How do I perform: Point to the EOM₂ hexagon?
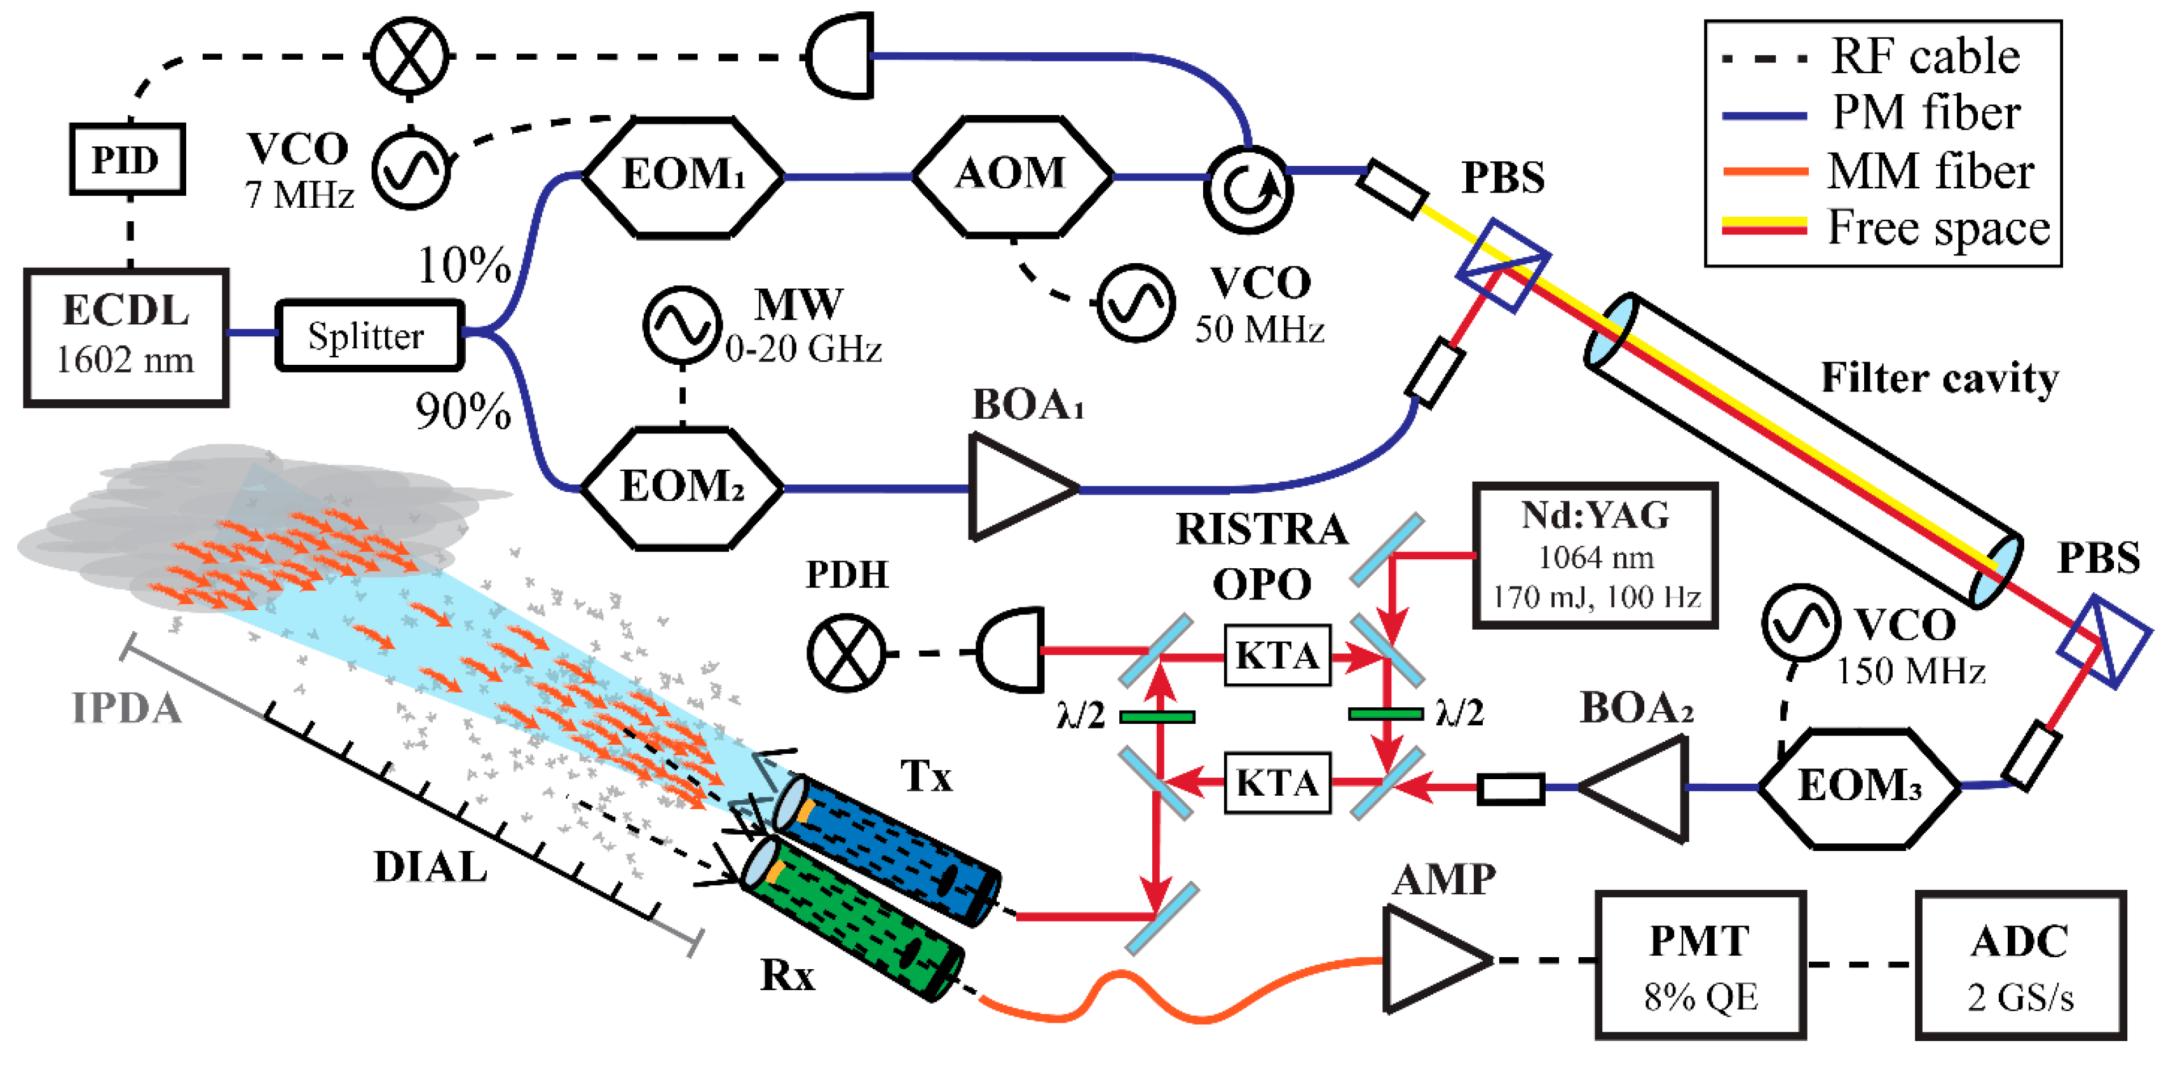(682, 488)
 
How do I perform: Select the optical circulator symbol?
(1248, 189)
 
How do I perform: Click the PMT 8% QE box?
(1700, 965)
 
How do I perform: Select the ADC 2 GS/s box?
(2020, 965)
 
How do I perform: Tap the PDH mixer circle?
(846, 653)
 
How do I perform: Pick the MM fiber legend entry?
(1883, 172)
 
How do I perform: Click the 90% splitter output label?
(463, 411)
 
